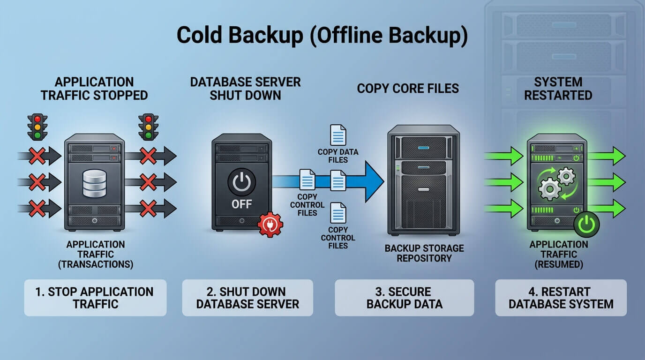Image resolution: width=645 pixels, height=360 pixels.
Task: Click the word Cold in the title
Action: pos(199,35)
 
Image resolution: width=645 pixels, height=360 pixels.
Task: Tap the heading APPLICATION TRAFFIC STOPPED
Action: pos(94,89)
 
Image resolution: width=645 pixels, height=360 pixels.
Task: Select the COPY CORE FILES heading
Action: pos(408,89)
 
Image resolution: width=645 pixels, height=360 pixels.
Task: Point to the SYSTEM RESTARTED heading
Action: pos(558,89)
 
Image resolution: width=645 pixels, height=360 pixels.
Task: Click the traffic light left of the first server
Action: pos(37,127)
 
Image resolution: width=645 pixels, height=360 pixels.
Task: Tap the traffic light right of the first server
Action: pos(148,127)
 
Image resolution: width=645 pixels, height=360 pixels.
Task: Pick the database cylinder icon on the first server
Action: pos(94,183)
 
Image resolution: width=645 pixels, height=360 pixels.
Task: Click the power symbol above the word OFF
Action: pos(241,182)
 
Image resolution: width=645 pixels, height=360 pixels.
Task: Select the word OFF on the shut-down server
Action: pos(241,204)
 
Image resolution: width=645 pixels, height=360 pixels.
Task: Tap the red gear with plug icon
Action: pos(270,225)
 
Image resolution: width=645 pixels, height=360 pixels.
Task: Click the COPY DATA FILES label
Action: pos(338,156)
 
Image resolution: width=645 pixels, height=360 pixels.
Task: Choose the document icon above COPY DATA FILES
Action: pos(338,135)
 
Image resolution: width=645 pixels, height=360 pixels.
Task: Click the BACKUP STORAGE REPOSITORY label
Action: pos(424,253)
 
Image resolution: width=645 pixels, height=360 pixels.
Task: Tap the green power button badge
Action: pos(586,225)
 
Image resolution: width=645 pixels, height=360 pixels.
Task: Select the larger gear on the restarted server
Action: pos(550,189)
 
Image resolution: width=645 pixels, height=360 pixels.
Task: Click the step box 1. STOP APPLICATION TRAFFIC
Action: pos(95,298)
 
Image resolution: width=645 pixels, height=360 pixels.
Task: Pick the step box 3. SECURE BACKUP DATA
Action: pos(404,298)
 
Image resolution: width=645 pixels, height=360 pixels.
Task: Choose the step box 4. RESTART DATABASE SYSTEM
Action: pos(561,298)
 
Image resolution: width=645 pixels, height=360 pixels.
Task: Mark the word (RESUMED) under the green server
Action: pos(559,264)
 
